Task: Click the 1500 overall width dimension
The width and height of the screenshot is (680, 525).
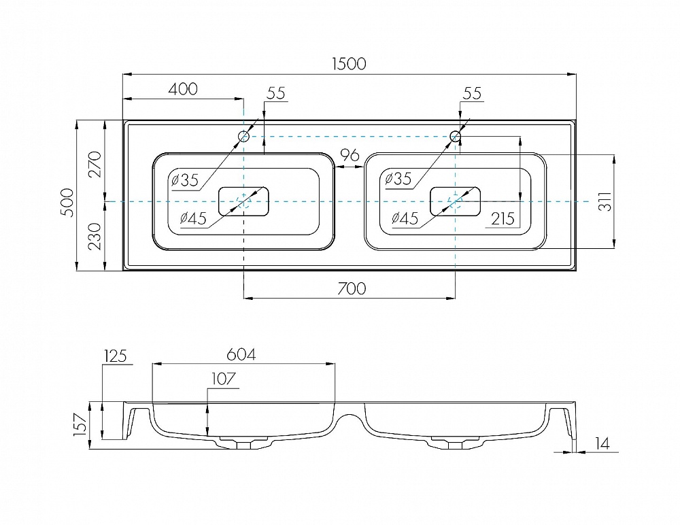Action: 349,64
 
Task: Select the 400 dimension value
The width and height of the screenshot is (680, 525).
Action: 182,89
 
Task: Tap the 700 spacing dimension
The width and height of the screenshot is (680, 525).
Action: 352,288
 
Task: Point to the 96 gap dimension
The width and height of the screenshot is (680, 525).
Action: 350,155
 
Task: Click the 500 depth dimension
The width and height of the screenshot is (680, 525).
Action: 67,203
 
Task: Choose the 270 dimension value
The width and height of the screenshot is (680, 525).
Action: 95,165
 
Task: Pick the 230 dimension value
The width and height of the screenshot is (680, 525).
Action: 95,237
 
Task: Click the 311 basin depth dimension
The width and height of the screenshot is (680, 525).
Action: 605,201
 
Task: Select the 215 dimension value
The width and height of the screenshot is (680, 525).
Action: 503,219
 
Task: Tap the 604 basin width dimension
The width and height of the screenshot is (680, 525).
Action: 241,354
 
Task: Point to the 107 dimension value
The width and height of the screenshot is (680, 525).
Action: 223,379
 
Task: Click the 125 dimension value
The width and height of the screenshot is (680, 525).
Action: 116,356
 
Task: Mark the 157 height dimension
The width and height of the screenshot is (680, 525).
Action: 80,424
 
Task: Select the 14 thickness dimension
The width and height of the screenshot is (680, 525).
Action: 602,443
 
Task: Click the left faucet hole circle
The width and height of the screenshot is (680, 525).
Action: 244,136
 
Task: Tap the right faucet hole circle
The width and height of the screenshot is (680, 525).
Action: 455,136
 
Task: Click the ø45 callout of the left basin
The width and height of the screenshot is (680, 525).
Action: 193,218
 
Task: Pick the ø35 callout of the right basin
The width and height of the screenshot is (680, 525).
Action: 398,178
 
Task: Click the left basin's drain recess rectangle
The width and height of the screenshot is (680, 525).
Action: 243,201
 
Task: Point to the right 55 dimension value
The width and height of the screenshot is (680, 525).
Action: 473,93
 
